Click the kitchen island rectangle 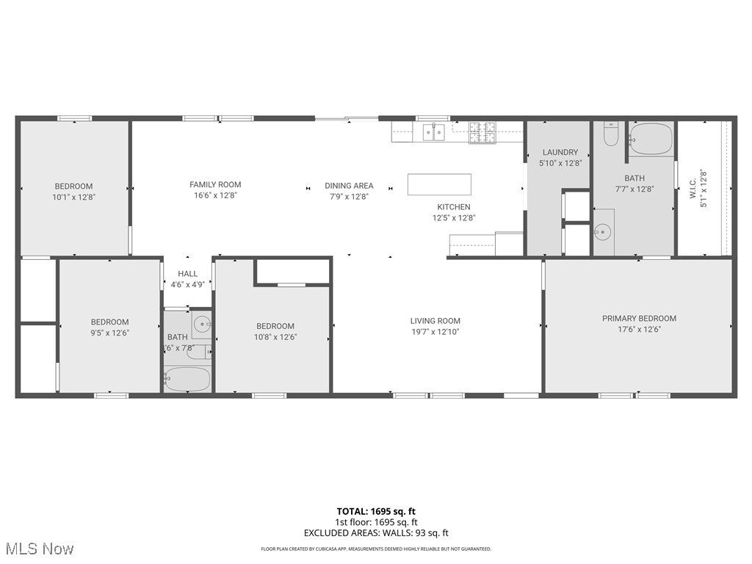tap(439, 184)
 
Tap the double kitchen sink tap(433, 133)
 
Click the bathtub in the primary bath tap(651, 139)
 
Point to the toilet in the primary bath tap(611, 134)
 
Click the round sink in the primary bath tap(602, 233)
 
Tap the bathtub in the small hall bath tap(187, 380)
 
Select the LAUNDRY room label tap(560, 153)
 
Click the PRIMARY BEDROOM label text tap(639, 319)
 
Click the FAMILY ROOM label tap(215, 185)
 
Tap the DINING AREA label tap(349, 186)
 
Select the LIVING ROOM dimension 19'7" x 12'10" tap(435, 331)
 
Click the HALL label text tap(187, 274)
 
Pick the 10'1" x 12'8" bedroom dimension tap(73, 197)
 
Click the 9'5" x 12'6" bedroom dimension tap(109, 332)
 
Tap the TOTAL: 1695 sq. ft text tap(375, 511)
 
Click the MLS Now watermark tap(39, 549)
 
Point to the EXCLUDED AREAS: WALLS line tap(375, 533)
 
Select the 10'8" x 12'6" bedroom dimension tap(275, 337)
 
